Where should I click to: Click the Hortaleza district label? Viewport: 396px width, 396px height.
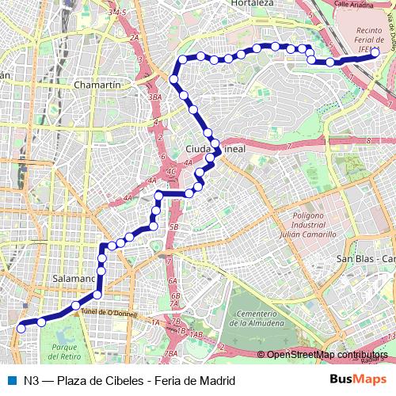(251, 4)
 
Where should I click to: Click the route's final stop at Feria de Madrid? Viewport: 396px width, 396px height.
(375, 52)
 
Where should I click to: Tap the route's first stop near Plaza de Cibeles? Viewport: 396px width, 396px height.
(21, 324)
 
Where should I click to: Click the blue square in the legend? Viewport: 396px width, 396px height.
(10, 379)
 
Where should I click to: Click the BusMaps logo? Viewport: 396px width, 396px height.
(358, 379)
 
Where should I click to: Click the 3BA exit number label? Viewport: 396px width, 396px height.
(154, 97)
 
